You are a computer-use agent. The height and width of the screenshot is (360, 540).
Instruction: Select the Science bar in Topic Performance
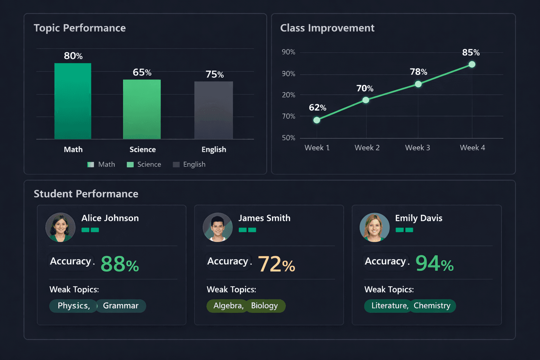click(142, 109)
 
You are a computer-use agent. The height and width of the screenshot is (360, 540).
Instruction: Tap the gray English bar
click(213, 110)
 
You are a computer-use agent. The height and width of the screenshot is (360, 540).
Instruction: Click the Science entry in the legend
click(144, 165)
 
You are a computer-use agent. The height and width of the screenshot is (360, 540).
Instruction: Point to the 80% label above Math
click(73, 56)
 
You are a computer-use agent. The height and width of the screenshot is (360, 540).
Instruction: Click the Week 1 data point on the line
click(317, 120)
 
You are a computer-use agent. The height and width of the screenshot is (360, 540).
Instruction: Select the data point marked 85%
click(472, 64)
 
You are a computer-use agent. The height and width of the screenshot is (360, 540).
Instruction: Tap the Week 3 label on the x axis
click(417, 148)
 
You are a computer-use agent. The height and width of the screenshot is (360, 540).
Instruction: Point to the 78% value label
click(418, 72)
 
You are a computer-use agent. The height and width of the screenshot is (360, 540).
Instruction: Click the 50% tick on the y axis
click(288, 138)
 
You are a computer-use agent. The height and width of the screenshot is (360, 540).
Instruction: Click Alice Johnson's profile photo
click(60, 227)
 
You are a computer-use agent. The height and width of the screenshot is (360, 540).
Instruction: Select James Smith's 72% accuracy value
click(276, 264)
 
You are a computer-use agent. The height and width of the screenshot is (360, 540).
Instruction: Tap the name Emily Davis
click(418, 218)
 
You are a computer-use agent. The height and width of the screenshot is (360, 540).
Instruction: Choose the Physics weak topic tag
click(73, 306)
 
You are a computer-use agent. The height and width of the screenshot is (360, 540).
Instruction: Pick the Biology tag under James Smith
click(265, 306)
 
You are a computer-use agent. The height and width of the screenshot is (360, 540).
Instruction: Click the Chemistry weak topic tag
click(432, 306)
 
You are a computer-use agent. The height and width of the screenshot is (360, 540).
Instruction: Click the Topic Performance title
click(80, 28)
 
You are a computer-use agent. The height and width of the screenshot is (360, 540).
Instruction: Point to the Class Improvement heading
click(327, 28)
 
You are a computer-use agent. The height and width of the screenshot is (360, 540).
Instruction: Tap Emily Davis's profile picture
click(374, 227)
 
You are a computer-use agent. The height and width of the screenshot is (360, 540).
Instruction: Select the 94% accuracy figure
click(435, 264)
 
